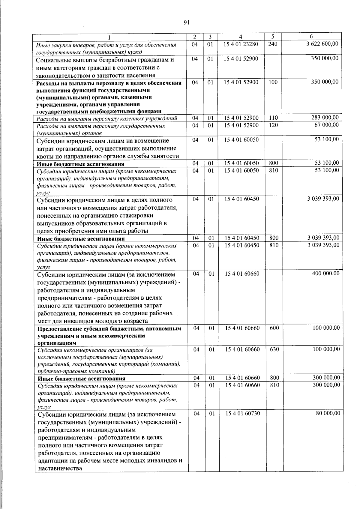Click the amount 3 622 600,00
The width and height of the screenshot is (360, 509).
[x=322, y=44]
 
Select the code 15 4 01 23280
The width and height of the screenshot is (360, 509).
[x=241, y=44]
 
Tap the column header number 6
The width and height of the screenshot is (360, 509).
[x=311, y=37]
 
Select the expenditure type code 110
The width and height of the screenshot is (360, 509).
[x=273, y=118]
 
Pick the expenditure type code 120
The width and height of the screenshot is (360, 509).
[x=273, y=125]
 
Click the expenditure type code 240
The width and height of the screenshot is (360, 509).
[x=273, y=44]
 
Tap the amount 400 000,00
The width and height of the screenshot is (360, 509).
[x=326, y=273]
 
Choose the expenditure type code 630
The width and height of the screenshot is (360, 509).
[x=274, y=349]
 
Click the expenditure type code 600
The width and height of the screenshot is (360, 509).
[x=274, y=328]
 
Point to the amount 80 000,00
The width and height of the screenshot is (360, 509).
[x=328, y=413]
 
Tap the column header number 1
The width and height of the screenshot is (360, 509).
[x=109, y=37]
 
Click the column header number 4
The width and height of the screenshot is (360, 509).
[x=241, y=37]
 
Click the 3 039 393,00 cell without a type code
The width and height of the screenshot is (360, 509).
[x=323, y=199]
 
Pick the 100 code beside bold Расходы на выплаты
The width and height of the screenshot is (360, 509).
[x=273, y=82]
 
